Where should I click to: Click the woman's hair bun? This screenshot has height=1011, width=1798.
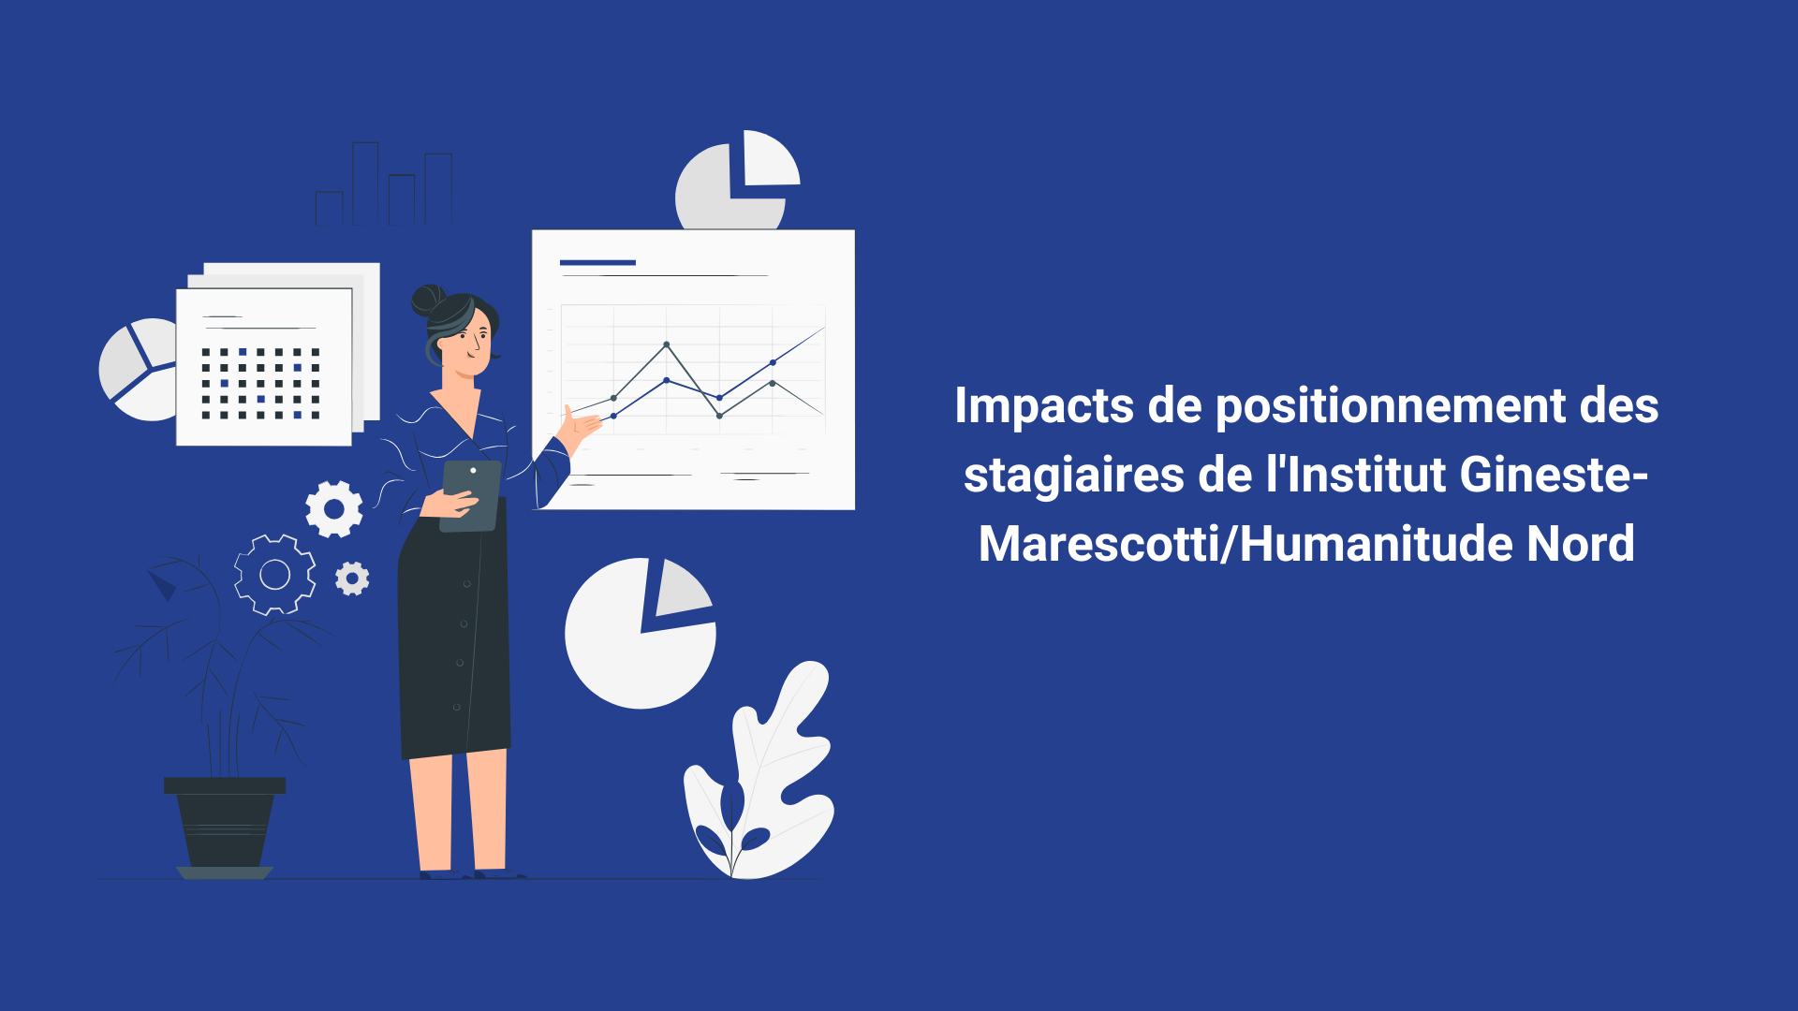(427, 300)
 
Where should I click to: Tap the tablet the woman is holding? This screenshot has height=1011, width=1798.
(470, 495)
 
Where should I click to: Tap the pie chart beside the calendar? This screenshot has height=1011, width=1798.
(139, 370)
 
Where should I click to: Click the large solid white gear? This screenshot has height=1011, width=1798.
(334, 509)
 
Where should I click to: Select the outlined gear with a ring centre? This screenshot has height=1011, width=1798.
(274, 575)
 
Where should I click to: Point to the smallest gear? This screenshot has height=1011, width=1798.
(352, 579)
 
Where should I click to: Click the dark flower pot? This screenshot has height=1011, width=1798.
(225, 824)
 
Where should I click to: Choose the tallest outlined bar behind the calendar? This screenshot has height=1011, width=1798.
(365, 183)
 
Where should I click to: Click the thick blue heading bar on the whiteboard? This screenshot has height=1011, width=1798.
(597, 263)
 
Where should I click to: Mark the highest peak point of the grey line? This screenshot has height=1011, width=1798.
(667, 344)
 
